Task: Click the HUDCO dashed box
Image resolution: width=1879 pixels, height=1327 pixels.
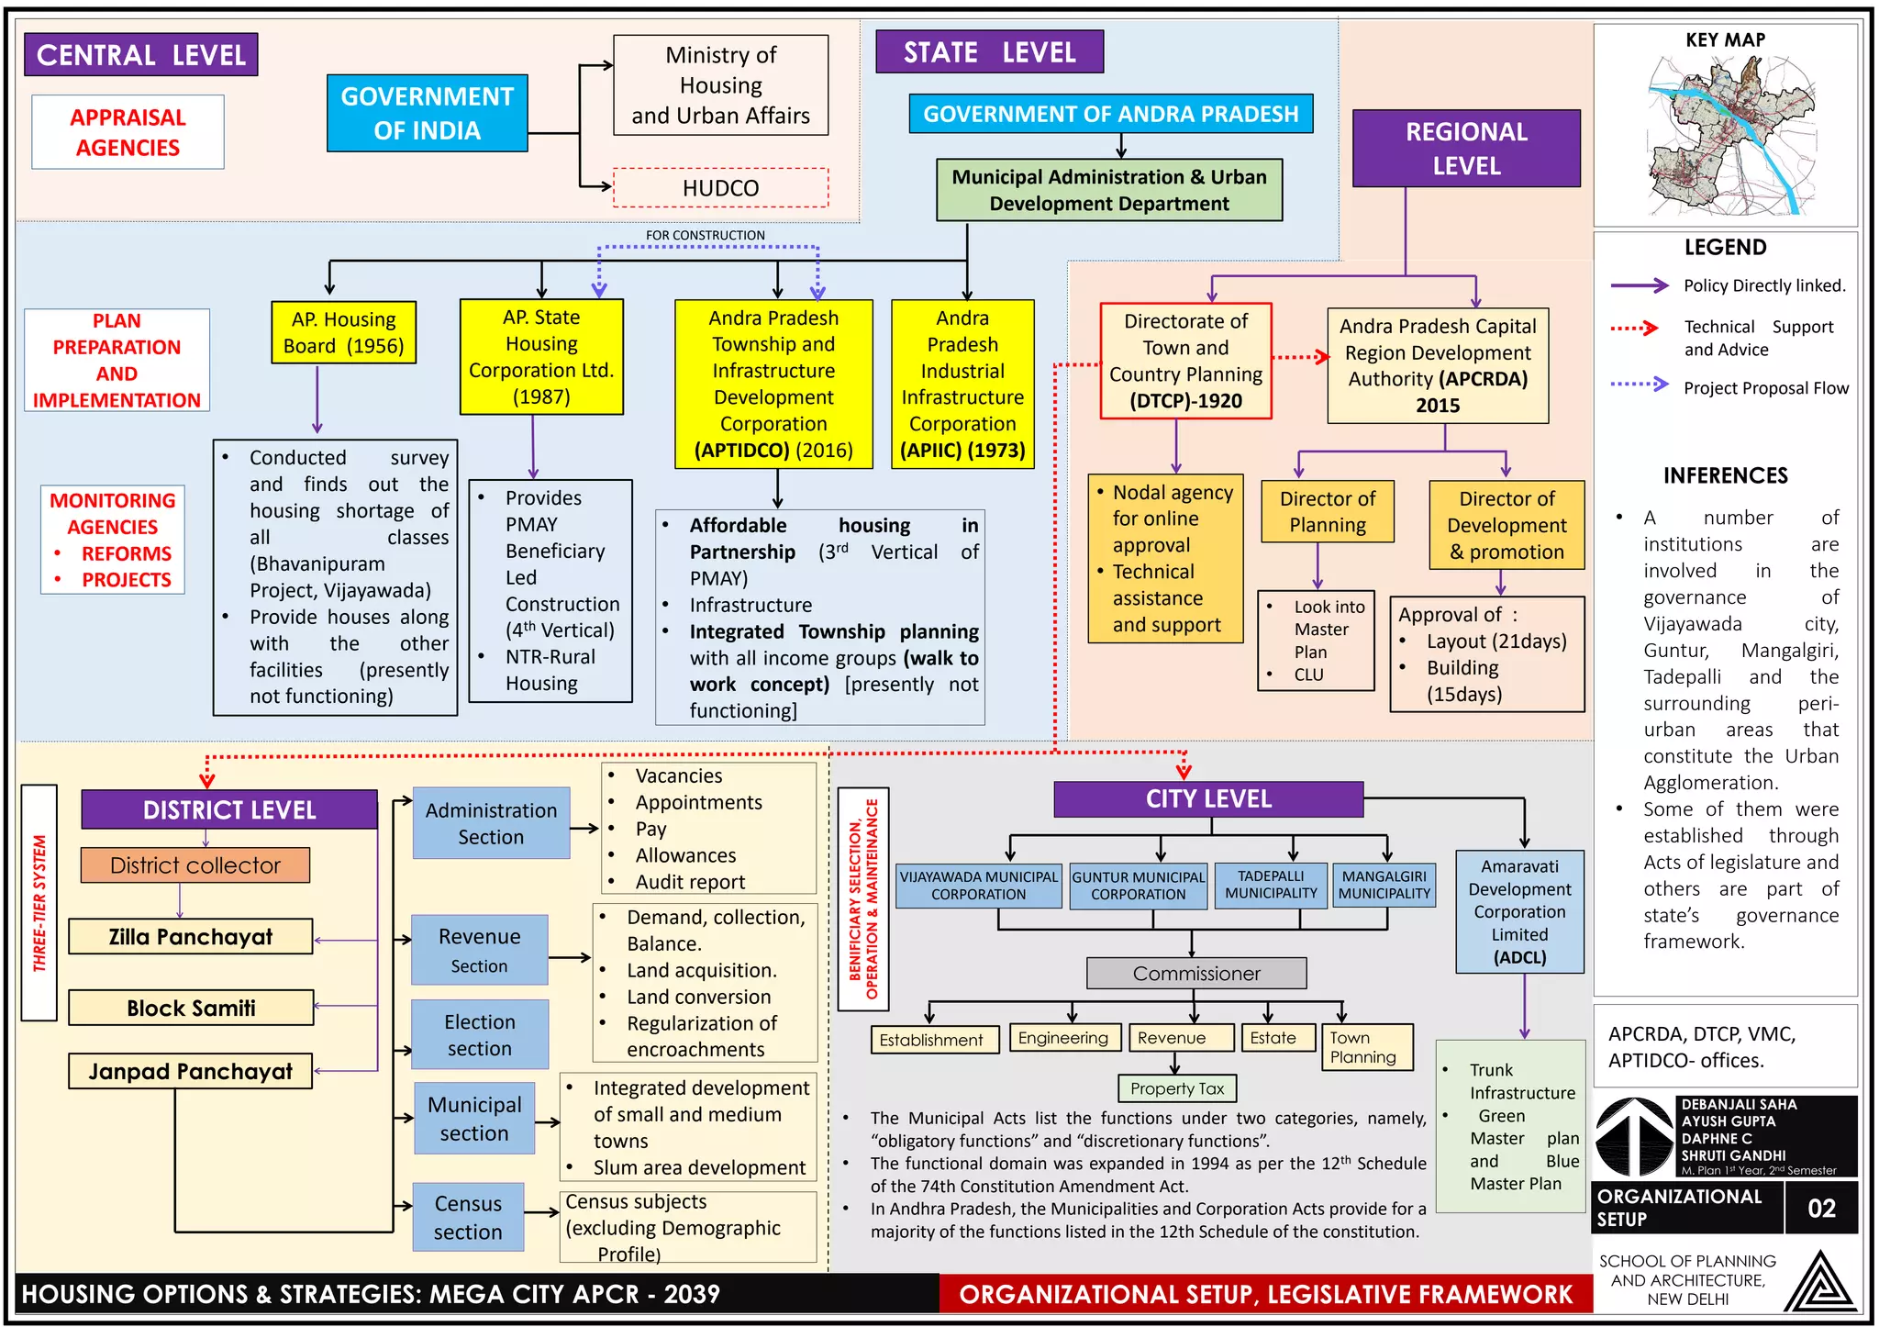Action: pyautogui.click(x=720, y=188)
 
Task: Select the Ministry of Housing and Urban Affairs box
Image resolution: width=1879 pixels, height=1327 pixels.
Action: pyautogui.click(x=720, y=85)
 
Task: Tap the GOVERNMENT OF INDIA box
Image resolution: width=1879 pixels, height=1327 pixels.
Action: pyautogui.click(x=427, y=113)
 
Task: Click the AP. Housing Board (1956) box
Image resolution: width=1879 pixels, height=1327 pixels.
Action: pyautogui.click(x=343, y=332)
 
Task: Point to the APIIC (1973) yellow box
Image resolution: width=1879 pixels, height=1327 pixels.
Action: pyautogui.click(x=962, y=384)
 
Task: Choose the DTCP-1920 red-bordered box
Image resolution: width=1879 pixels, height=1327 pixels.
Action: pyautogui.click(x=1185, y=361)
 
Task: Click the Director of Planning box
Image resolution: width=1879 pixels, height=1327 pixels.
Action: pyautogui.click(x=1327, y=511)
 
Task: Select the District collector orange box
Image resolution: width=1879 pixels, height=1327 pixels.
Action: pyautogui.click(x=195, y=865)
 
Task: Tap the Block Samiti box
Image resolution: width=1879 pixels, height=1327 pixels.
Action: pyautogui.click(x=191, y=1008)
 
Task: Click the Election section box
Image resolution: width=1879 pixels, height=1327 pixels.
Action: pyautogui.click(x=480, y=1034)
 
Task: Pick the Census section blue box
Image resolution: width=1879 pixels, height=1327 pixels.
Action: pyautogui.click(x=468, y=1217)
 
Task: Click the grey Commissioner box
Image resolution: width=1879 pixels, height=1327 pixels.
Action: pyautogui.click(x=1195, y=973)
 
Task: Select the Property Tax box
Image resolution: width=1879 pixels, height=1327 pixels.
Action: pyautogui.click(x=1177, y=1088)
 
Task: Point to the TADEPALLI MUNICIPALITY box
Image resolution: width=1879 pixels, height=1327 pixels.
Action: pyautogui.click(x=1271, y=885)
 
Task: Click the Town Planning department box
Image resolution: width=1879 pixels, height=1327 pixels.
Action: pyautogui.click(x=1366, y=1047)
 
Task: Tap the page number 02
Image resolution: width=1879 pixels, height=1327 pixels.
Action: pyautogui.click(x=1821, y=1208)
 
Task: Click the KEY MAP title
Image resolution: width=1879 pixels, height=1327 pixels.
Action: pyautogui.click(x=1725, y=40)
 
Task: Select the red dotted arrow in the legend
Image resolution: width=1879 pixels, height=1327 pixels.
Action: pyautogui.click(x=1634, y=328)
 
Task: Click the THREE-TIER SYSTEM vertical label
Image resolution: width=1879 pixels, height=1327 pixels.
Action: pyautogui.click(x=39, y=902)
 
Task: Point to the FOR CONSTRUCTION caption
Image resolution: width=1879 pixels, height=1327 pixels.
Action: pyautogui.click(x=705, y=236)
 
